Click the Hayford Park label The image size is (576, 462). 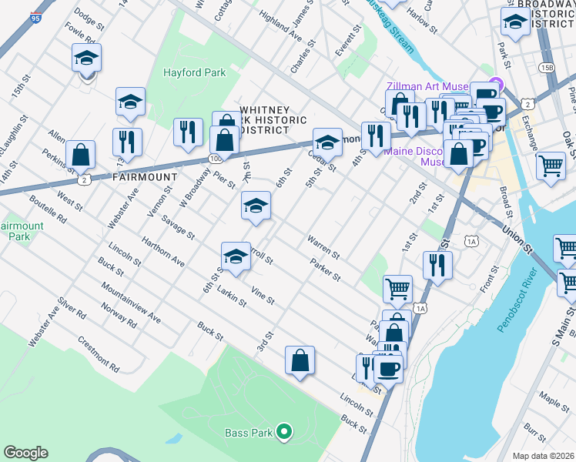point(193,73)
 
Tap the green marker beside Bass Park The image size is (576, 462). point(284,433)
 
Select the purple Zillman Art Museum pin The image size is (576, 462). point(495,85)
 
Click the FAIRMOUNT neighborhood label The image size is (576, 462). point(145,176)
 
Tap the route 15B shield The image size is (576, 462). point(547,67)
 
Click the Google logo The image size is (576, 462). point(25,453)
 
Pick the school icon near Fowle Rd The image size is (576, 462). point(87,58)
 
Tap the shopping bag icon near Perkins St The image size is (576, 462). point(81,154)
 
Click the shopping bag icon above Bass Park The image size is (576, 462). point(300,360)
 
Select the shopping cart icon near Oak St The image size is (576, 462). point(551,165)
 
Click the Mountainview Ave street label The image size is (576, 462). point(130,307)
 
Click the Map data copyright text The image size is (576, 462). point(543,456)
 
